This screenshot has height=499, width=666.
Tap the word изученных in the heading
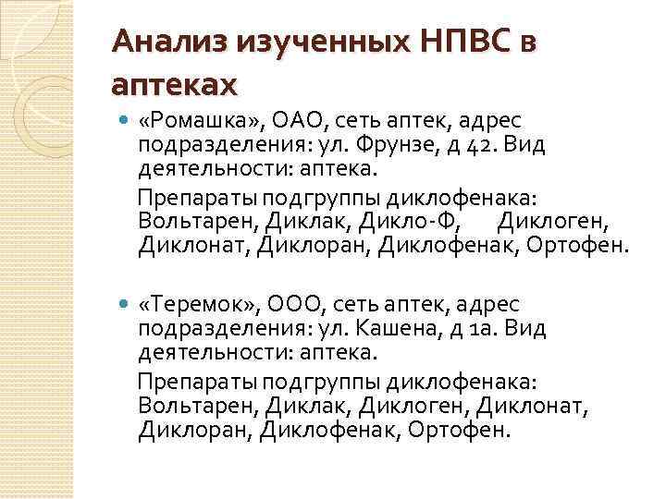[x=313, y=43]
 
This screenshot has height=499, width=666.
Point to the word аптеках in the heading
[x=174, y=86]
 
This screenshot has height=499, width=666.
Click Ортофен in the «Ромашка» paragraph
[x=586, y=245]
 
